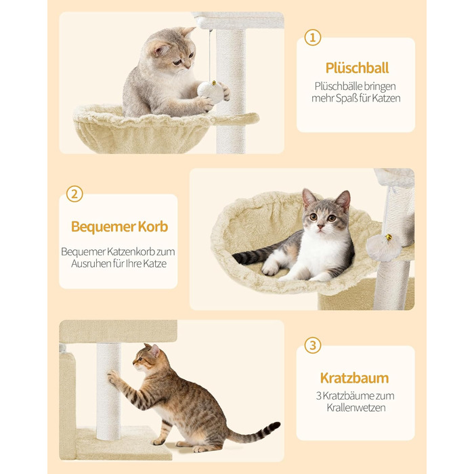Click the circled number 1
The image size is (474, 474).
coord(312,37)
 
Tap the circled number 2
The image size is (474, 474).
coord(74,194)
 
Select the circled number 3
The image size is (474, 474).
coord(312,345)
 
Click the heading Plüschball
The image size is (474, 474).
coord(357,68)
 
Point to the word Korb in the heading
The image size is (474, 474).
coord(153,226)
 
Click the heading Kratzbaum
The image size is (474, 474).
coord(355,378)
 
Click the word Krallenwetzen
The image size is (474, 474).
coord(355,408)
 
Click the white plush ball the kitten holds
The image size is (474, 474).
coord(211,92)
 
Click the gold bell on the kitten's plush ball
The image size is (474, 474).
coord(214,83)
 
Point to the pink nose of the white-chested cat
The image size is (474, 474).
coord(321,226)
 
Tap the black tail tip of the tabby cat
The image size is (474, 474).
coord(274,426)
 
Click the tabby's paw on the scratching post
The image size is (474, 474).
coord(113,378)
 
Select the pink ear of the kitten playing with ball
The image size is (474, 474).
coord(160,49)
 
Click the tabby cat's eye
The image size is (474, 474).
coord(140,359)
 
